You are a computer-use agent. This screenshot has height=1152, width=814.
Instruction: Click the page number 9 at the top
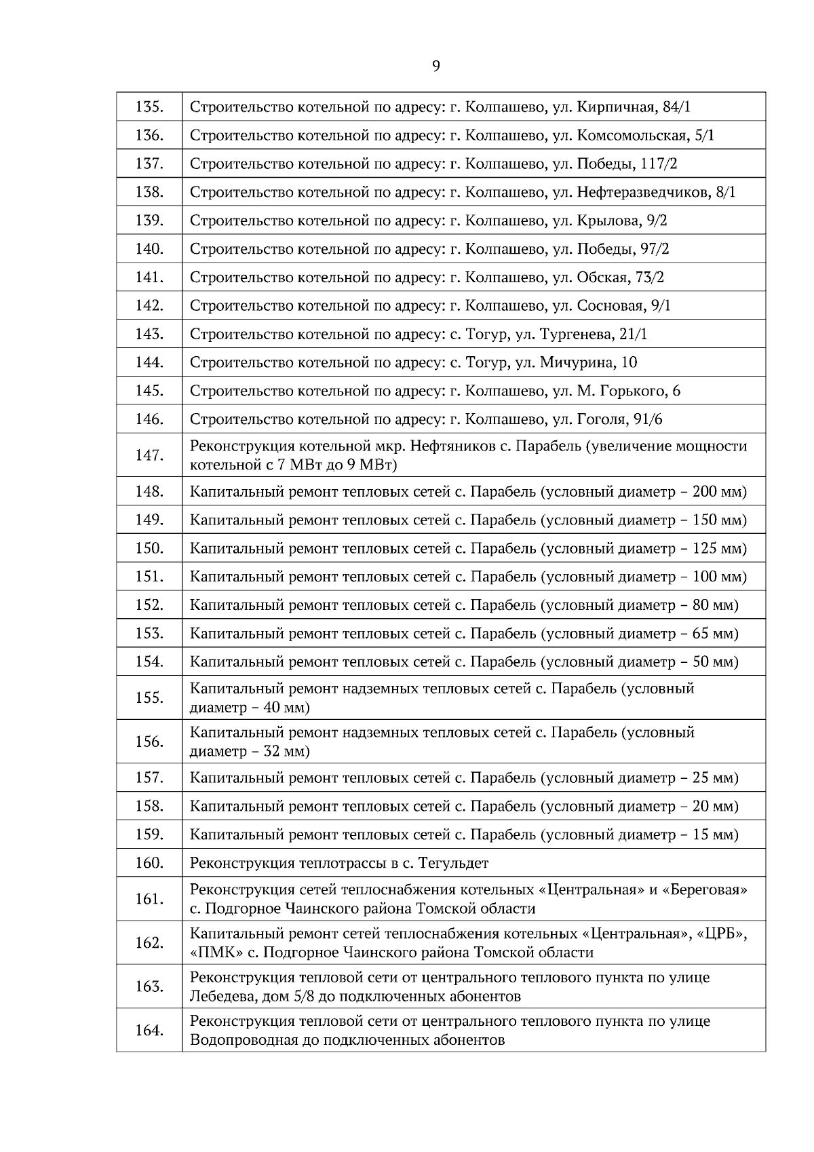tap(435, 66)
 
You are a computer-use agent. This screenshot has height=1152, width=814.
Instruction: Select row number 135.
tap(149, 107)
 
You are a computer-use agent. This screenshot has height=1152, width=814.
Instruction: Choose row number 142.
tap(149, 305)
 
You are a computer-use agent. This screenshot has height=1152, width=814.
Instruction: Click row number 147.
tap(149, 455)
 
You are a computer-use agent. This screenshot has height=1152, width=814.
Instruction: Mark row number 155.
tap(149, 697)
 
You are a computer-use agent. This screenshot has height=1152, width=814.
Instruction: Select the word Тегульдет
tap(454, 863)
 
